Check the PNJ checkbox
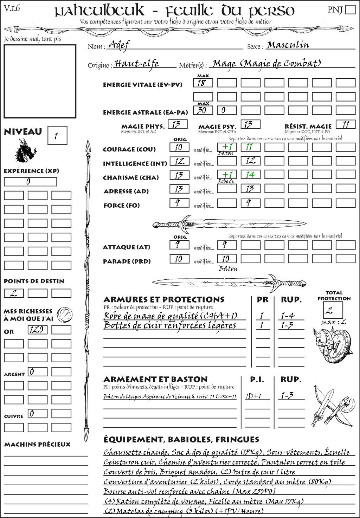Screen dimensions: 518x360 coord(351,9)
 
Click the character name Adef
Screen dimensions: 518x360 coord(119,45)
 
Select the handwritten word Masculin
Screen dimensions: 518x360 coord(288,45)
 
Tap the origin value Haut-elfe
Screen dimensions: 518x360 coord(137,64)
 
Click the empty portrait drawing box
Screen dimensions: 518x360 coord(40,81)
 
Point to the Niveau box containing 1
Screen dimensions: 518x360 coord(57,135)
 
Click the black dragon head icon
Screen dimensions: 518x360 coord(25,151)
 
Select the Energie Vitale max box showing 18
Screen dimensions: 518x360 coord(203,83)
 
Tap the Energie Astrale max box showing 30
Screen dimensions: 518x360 coord(203,110)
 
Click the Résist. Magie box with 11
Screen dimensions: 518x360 coord(346,124)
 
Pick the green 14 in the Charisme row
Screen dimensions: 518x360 coord(250,175)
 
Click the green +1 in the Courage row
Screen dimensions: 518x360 coord(227,147)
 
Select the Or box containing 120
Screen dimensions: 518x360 coord(37,330)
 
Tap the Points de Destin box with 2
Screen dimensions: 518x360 coord(14,293)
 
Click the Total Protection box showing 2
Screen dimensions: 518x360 coord(333,310)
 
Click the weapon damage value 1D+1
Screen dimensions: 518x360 coord(253,396)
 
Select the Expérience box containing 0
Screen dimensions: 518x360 coord(30,182)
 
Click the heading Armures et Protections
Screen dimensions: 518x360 coord(164,299)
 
